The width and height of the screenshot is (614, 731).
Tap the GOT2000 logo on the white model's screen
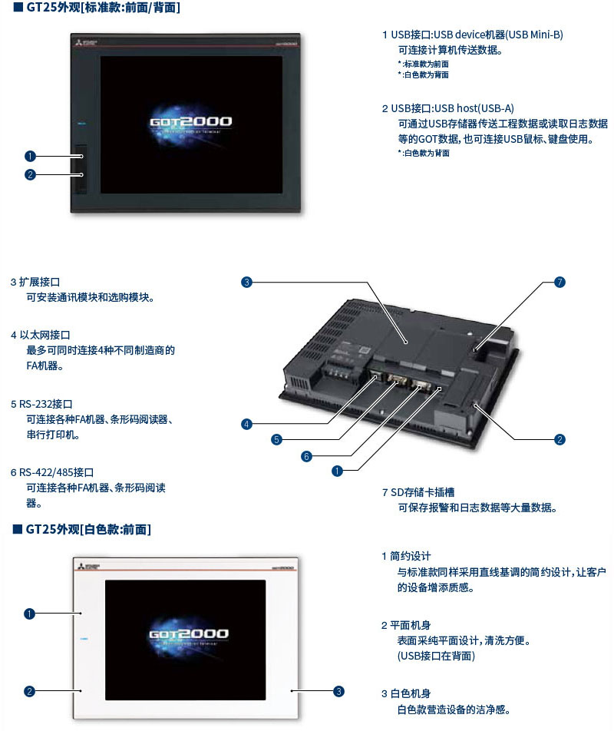click(x=187, y=634)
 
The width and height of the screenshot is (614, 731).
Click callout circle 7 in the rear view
click(x=560, y=283)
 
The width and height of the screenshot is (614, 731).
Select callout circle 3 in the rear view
click(x=246, y=283)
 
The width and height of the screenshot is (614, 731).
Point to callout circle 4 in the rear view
click(x=246, y=424)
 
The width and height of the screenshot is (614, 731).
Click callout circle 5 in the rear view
click(x=276, y=440)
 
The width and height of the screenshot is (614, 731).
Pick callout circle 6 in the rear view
click(x=306, y=456)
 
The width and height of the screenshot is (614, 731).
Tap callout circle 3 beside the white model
click(x=338, y=691)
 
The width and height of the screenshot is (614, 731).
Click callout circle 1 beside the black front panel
click(x=30, y=157)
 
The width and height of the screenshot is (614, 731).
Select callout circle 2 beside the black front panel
click(x=30, y=174)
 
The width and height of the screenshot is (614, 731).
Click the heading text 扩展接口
click(x=45, y=283)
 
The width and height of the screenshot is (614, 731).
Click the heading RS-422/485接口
click(x=62, y=472)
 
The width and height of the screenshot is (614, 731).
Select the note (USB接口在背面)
click(x=436, y=656)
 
